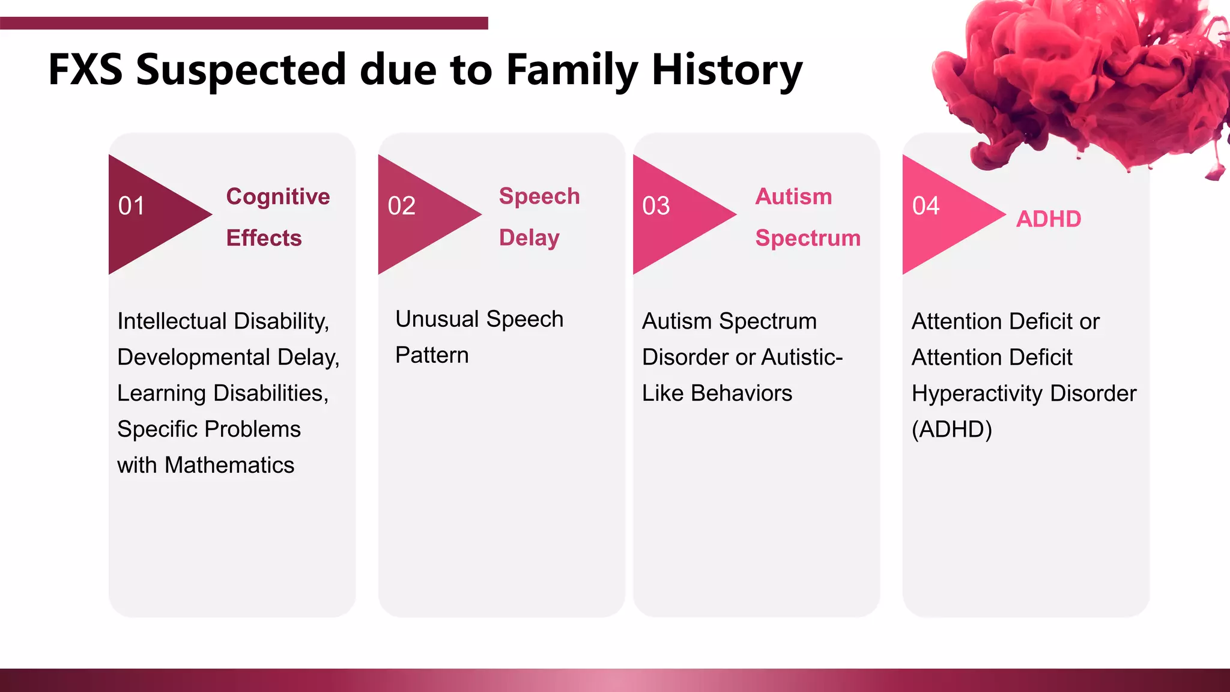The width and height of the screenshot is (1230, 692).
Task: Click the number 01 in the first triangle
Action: click(x=132, y=206)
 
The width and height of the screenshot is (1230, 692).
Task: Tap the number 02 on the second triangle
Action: click(x=401, y=206)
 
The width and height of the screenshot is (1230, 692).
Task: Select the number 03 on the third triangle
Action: click(x=656, y=206)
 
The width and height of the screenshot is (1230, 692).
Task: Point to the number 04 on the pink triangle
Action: click(x=926, y=206)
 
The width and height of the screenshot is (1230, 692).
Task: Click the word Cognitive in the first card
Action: click(x=277, y=197)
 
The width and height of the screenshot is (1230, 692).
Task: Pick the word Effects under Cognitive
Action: click(x=264, y=238)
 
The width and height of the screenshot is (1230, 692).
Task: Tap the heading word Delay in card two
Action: click(x=529, y=238)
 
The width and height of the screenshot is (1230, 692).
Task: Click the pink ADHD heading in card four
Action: click(x=1049, y=219)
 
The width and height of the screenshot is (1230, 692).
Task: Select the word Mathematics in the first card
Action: click(x=229, y=465)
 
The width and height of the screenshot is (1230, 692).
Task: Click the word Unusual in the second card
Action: click(x=437, y=319)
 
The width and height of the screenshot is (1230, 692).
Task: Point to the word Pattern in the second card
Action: click(x=432, y=355)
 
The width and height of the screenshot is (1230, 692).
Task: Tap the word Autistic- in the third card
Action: click(x=803, y=357)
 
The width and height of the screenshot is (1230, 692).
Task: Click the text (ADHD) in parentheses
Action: click(x=951, y=429)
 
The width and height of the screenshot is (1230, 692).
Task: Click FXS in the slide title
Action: click(x=85, y=70)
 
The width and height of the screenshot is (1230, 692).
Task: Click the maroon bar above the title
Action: click(x=244, y=23)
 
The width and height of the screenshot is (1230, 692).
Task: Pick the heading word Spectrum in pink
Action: click(x=808, y=238)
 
